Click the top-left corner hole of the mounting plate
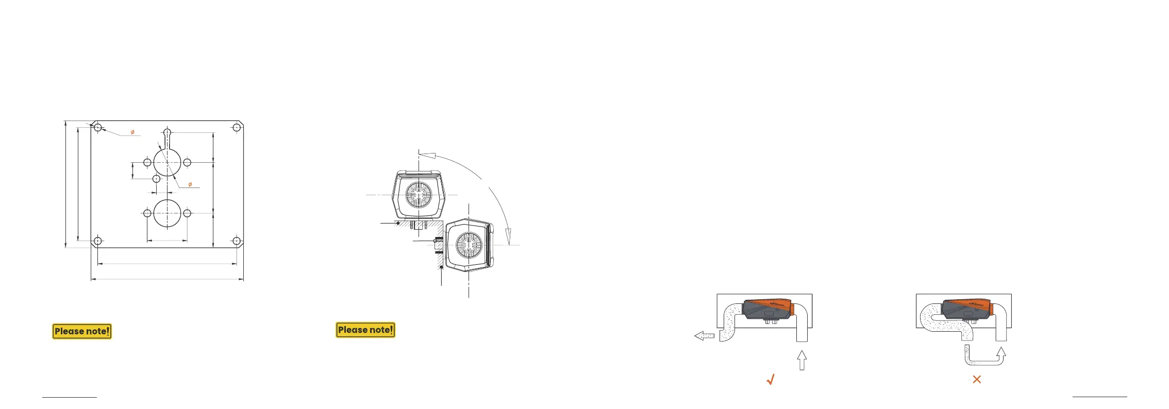click(x=98, y=127)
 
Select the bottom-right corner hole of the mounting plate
click(x=237, y=241)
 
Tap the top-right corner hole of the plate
click(x=237, y=127)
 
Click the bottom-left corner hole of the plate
click(x=98, y=241)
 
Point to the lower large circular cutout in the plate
click(x=167, y=213)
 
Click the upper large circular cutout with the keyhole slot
click(x=167, y=163)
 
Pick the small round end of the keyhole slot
click(x=167, y=132)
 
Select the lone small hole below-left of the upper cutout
click(x=157, y=179)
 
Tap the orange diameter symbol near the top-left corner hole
click(x=132, y=132)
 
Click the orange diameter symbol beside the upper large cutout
click(x=190, y=184)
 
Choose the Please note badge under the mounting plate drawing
click(x=82, y=331)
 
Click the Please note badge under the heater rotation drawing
click(x=365, y=330)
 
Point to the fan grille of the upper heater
click(x=419, y=195)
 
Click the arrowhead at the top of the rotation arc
click(x=427, y=155)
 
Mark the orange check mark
click(x=771, y=380)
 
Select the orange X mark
click(x=977, y=379)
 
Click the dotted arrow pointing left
click(x=704, y=336)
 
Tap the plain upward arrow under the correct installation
click(x=801, y=360)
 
